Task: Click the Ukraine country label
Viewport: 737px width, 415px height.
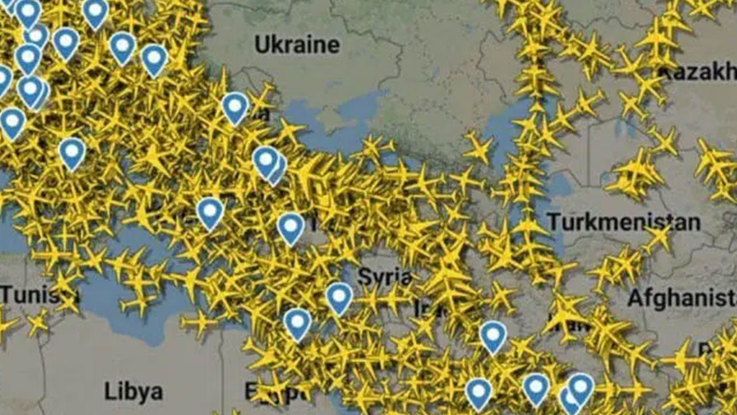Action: [297, 44]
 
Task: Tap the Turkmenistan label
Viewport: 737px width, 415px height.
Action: [623, 222]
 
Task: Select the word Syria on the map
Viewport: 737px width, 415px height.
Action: [385, 277]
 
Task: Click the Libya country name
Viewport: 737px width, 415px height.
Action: [134, 392]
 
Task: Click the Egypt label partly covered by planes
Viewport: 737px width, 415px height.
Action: [276, 393]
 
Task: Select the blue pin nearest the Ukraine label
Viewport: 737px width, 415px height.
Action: [235, 107]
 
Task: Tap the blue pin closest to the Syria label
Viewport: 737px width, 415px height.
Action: [339, 297]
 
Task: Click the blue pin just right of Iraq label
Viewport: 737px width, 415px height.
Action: [493, 335]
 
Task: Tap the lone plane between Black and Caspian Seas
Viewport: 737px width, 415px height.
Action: [477, 148]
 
